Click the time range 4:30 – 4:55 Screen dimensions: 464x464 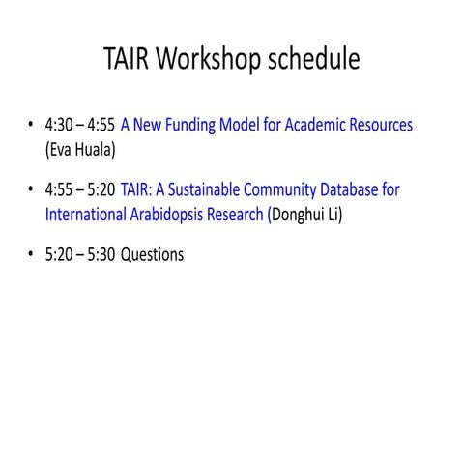pyautogui.click(x=80, y=126)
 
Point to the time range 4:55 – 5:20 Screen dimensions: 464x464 pyautogui.click(x=80, y=190)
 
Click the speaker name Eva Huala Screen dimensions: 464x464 pyautogui.click(x=73, y=150)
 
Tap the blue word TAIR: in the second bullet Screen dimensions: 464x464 pyautogui.click(x=137, y=190)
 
